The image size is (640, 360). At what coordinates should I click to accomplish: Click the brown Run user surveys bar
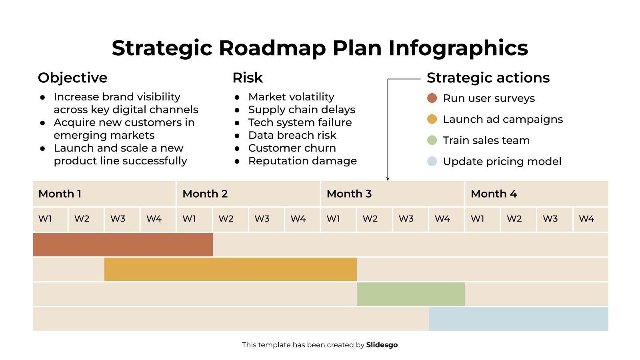[x=122, y=244]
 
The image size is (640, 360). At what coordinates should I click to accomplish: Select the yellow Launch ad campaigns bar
[x=230, y=269]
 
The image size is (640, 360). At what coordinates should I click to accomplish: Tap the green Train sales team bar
[x=410, y=294]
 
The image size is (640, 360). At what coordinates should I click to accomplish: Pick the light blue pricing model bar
[x=518, y=319]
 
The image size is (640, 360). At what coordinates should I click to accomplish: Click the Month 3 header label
[x=349, y=194]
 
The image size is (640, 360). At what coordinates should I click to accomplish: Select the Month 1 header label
[x=60, y=194]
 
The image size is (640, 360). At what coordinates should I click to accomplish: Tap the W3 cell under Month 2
[x=262, y=219]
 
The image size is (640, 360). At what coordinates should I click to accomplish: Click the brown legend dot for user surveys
[x=432, y=98]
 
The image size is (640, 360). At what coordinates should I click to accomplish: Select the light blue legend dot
[x=432, y=161]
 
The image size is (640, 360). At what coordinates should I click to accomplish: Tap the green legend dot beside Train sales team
[x=432, y=140]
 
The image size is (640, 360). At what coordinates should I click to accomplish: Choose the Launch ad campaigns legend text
[x=503, y=119]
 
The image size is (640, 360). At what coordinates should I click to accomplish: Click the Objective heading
[x=72, y=78]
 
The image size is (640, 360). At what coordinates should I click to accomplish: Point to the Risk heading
[x=248, y=78]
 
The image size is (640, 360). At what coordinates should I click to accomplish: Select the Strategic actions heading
[x=488, y=78]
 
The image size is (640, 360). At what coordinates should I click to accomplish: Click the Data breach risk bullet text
[x=292, y=135]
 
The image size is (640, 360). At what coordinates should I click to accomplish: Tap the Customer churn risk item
[x=292, y=148]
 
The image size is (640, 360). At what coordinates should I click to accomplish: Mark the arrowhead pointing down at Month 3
[x=388, y=178]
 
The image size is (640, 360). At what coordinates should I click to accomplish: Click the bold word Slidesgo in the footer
[x=382, y=345]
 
